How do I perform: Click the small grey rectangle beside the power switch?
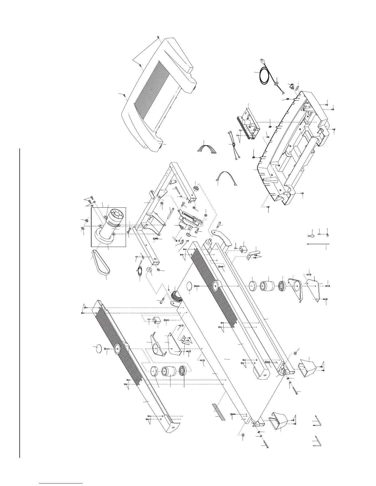coord(297,85)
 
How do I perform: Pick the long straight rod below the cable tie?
coord(318,245)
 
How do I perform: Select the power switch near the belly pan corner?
coord(290,87)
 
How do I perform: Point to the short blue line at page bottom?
coord(61,484)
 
